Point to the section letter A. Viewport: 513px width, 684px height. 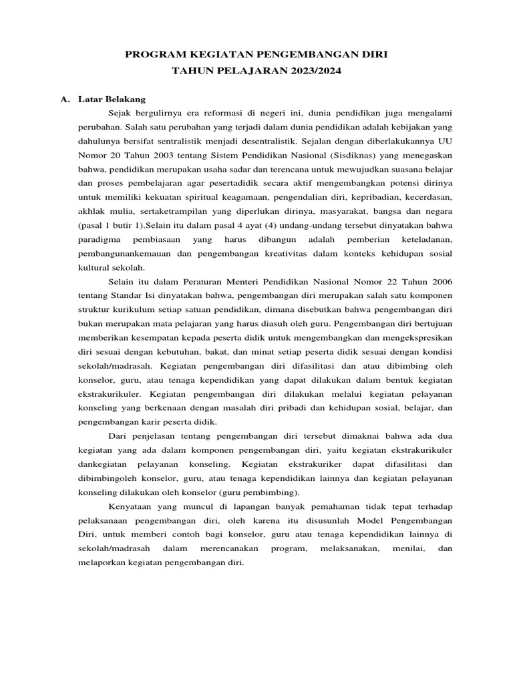point(65,100)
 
